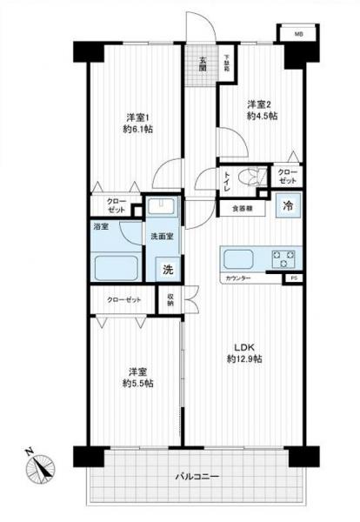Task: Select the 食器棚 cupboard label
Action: pos(242,208)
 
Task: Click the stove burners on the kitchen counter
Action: pos(283,258)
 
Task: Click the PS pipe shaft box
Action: pos(293,278)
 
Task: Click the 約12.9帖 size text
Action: pos(245,359)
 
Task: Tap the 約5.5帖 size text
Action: pos(137,383)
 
